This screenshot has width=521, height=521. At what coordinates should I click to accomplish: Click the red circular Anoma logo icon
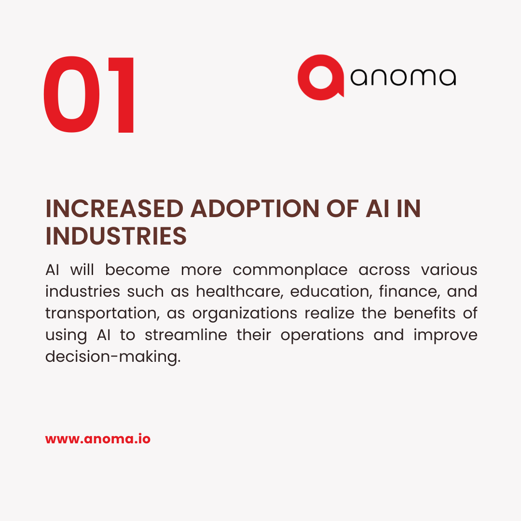320,77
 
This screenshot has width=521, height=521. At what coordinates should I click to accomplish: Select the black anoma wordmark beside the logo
403,77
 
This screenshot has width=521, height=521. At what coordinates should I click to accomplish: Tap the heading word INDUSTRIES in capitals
116,236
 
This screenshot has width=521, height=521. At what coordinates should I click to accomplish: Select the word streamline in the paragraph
186,335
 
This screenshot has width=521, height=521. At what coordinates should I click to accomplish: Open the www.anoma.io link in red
98,439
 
